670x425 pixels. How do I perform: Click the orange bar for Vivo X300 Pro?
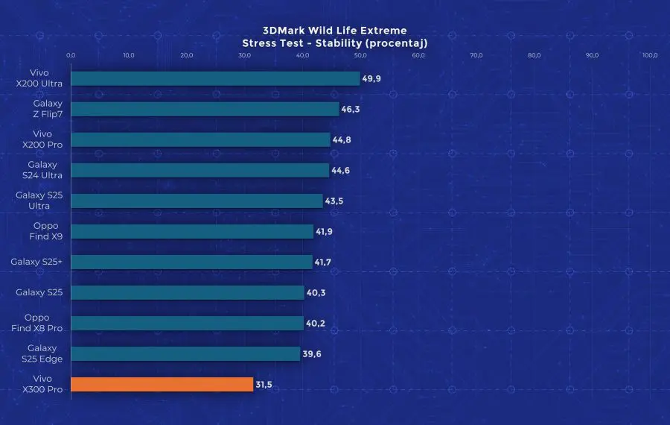pyautogui.click(x=162, y=385)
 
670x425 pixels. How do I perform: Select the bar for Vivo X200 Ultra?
pyautogui.click(x=215, y=78)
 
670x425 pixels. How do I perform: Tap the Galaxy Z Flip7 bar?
pyautogui.click(x=205, y=109)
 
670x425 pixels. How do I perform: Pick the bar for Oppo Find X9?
pyautogui.click(x=192, y=231)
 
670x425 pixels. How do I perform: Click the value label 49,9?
pyautogui.click(x=371, y=78)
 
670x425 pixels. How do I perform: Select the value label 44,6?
pyautogui.click(x=341, y=171)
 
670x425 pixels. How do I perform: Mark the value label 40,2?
pyautogui.click(x=316, y=324)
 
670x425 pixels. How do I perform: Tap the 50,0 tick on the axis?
pyautogui.click(x=360, y=55)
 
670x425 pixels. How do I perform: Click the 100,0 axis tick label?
pyautogui.click(x=650, y=55)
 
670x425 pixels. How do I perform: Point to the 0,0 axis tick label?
pyautogui.click(x=71, y=55)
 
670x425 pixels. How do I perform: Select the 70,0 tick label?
pyautogui.click(x=476, y=55)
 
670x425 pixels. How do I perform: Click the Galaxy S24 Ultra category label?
pyautogui.click(x=42, y=170)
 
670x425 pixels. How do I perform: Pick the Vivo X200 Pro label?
pyautogui.click(x=42, y=139)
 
